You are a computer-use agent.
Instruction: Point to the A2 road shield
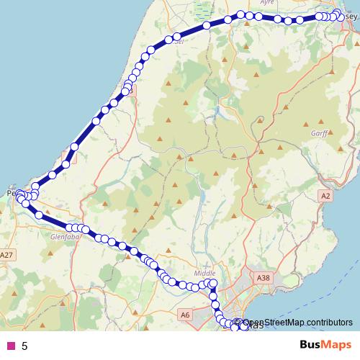(x=326, y=195)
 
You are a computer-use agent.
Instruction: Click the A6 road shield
(x=184, y=315)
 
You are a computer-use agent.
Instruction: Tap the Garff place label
(x=319, y=132)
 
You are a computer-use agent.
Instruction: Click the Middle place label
(x=205, y=274)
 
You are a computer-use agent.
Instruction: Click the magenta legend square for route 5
(x=11, y=346)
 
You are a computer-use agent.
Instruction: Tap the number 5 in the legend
(x=24, y=346)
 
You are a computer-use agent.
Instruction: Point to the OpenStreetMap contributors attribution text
(x=297, y=322)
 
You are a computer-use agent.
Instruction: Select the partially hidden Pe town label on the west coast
(x=10, y=193)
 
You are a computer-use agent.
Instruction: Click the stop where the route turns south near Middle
(x=213, y=284)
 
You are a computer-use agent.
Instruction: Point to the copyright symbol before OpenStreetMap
(x=236, y=322)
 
